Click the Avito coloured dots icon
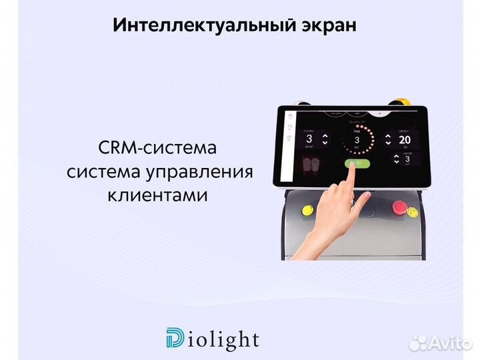[x=418, y=343]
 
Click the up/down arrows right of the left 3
[x=325, y=139]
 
